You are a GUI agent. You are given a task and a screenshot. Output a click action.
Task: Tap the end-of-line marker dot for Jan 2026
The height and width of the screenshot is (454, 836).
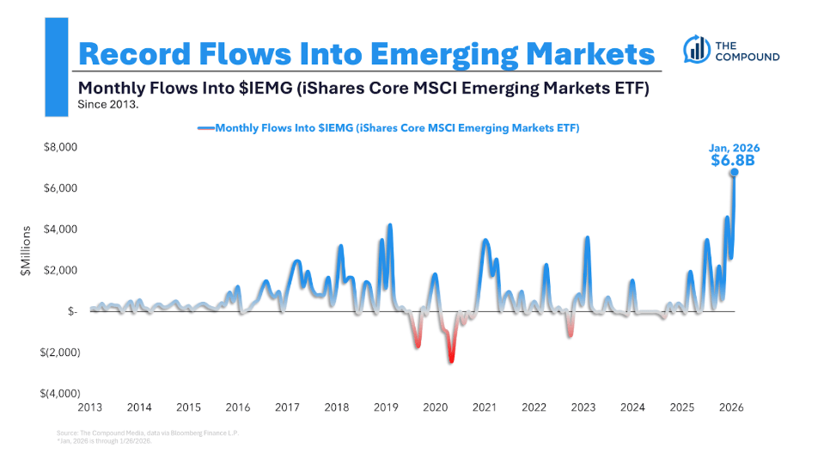coord(734,172)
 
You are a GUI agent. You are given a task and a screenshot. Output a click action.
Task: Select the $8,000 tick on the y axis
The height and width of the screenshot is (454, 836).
coord(60,147)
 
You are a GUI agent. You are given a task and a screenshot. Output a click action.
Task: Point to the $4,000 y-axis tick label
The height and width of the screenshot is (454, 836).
coord(60,230)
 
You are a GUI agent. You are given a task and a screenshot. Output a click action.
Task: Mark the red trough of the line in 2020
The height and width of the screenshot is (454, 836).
coord(451,359)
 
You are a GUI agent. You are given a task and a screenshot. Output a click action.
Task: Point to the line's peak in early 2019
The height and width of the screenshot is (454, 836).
coord(390,225)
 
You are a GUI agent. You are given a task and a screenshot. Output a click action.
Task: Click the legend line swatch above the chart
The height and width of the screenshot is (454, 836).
coord(206,128)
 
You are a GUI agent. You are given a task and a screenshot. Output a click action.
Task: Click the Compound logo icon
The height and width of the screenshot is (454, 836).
coord(695,50)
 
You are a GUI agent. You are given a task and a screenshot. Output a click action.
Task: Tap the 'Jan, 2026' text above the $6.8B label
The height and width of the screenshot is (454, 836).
coord(733,146)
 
